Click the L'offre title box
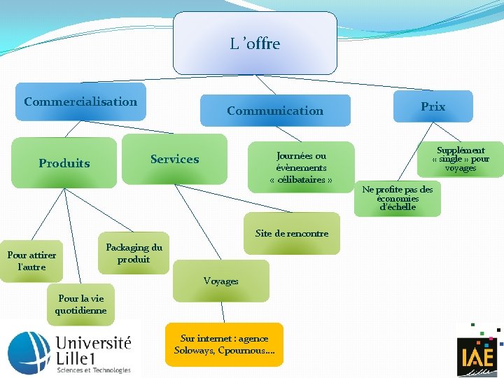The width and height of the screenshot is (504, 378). pos(255,43)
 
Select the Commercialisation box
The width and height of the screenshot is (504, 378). pos(80,101)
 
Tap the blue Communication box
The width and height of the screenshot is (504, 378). pos(275,111)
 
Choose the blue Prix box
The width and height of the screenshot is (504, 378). pos(433,106)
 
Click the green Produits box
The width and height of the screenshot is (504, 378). pos(64,163)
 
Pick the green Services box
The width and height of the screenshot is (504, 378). pos(174,159)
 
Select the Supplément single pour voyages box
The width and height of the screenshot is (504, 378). pos(460,159)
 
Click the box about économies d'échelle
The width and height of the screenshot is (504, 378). pos(398,198)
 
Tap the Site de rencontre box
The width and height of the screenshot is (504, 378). pos(291,234)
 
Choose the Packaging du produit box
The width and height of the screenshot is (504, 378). pos(133,253)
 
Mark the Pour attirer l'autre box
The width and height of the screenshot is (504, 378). pos(31,261)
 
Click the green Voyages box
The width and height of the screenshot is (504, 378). pos(221,281)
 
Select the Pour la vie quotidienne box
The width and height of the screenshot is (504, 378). pos(81,304)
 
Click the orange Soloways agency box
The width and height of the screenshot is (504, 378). pos(224,344)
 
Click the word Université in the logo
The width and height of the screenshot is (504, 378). pos(92,344)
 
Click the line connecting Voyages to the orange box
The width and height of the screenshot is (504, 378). pos(223,312)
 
